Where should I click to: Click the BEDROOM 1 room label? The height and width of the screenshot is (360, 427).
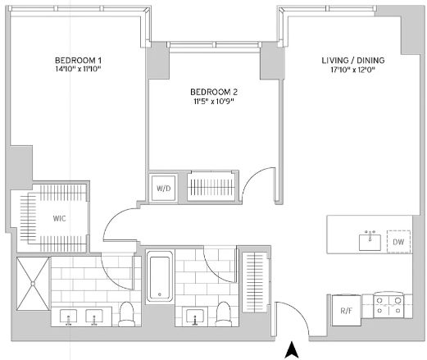(x=78, y=60)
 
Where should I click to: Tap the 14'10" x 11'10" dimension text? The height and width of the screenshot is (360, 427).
(x=78, y=69)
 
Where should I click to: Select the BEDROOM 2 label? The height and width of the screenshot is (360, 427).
(x=214, y=92)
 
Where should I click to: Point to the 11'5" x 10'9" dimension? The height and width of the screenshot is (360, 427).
(x=214, y=102)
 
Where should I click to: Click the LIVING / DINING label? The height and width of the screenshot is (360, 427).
(x=353, y=60)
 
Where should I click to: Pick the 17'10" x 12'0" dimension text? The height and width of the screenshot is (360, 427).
(x=352, y=70)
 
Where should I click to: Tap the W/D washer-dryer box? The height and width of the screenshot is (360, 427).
(x=163, y=189)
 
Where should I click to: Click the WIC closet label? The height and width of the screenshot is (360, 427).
(x=59, y=218)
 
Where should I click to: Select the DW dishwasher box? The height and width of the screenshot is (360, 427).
(x=398, y=242)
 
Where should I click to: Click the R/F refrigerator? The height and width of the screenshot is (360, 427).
(x=347, y=310)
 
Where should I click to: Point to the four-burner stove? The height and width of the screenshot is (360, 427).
(x=388, y=305)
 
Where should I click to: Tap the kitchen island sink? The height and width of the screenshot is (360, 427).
(x=370, y=242)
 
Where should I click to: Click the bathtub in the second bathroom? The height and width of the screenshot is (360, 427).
(x=160, y=276)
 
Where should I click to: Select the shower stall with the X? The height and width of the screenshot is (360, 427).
(x=33, y=284)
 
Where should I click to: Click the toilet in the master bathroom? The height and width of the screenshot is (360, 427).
(x=127, y=314)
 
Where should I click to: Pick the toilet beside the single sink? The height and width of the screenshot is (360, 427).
(x=224, y=314)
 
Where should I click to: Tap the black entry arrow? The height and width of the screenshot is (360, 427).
(x=292, y=349)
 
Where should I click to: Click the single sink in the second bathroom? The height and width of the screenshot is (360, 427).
(x=195, y=317)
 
